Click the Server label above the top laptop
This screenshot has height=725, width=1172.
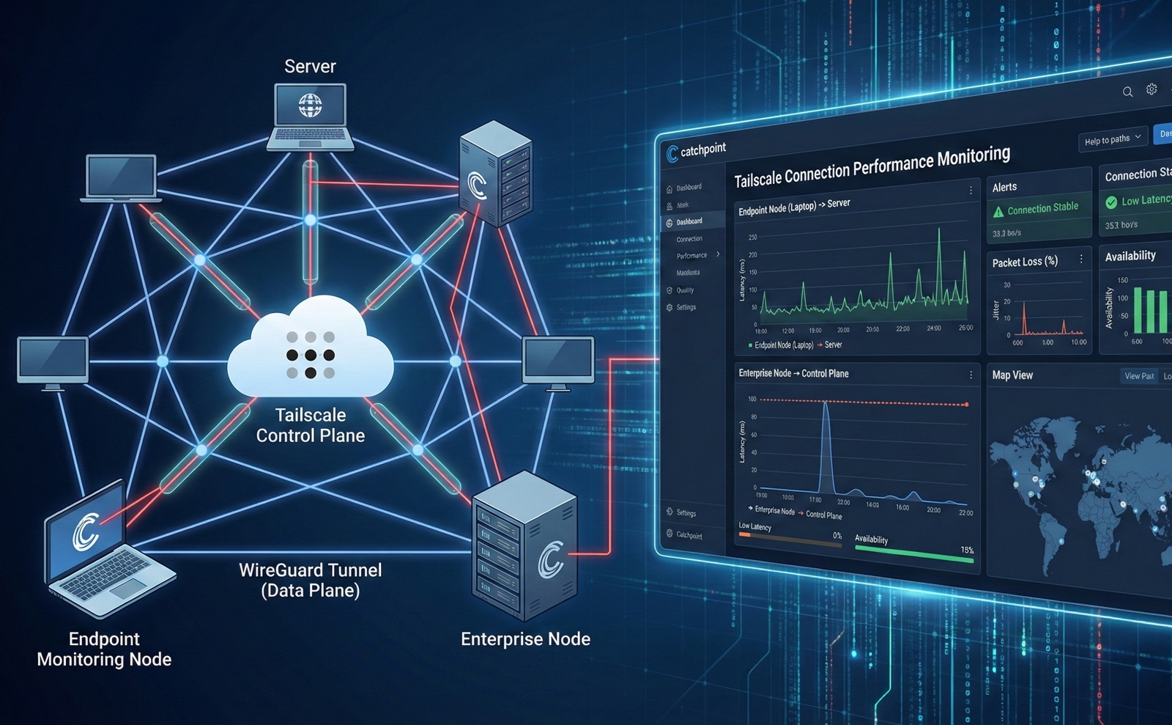pyautogui.click(x=310, y=67)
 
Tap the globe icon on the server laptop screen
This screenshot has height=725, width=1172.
pyautogui.click(x=310, y=106)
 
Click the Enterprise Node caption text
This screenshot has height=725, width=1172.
pyautogui.click(x=525, y=639)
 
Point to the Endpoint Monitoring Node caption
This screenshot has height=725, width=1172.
pyautogui.click(x=104, y=649)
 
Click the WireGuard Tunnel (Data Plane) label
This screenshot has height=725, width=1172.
pyautogui.click(x=311, y=580)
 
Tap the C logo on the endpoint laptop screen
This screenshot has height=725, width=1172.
pyautogui.click(x=86, y=532)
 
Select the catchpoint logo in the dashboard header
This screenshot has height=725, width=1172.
pyautogui.click(x=696, y=151)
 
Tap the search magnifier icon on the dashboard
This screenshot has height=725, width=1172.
pyautogui.click(x=1127, y=92)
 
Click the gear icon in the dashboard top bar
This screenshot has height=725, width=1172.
pyautogui.click(x=1151, y=89)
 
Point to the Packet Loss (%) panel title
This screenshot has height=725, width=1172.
pyautogui.click(x=1025, y=262)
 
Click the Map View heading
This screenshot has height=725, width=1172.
pyautogui.click(x=1012, y=375)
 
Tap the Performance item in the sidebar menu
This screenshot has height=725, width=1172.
pyautogui.click(x=691, y=256)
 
